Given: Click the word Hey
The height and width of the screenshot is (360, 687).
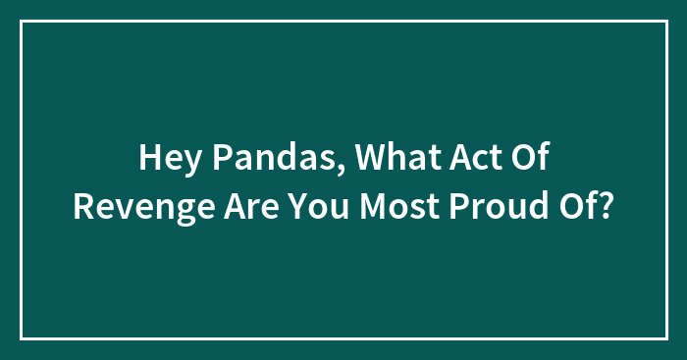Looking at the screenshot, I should [x=167, y=158].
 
